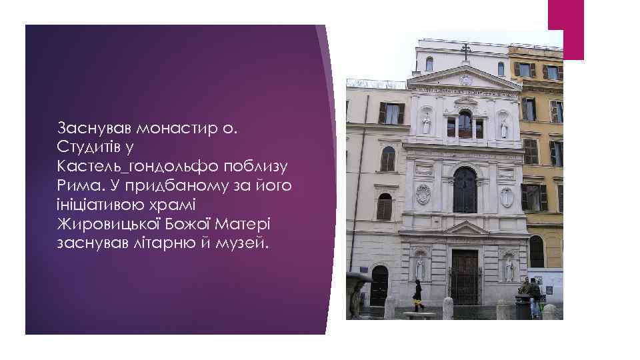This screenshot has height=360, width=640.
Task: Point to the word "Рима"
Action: pyautogui.click(x=75, y=184)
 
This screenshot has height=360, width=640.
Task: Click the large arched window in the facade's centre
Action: pyautogui.click(x=465, y=189)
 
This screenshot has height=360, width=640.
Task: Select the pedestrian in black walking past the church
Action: pyautogui.click(x=417, y=295)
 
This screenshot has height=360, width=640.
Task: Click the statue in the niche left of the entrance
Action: pyautogui.click(x=420, y=267)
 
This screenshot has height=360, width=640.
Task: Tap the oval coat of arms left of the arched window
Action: pyautogui.click(x=423, y=194)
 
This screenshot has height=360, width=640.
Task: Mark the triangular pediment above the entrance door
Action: pyautogui.click(x=466, y=229)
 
